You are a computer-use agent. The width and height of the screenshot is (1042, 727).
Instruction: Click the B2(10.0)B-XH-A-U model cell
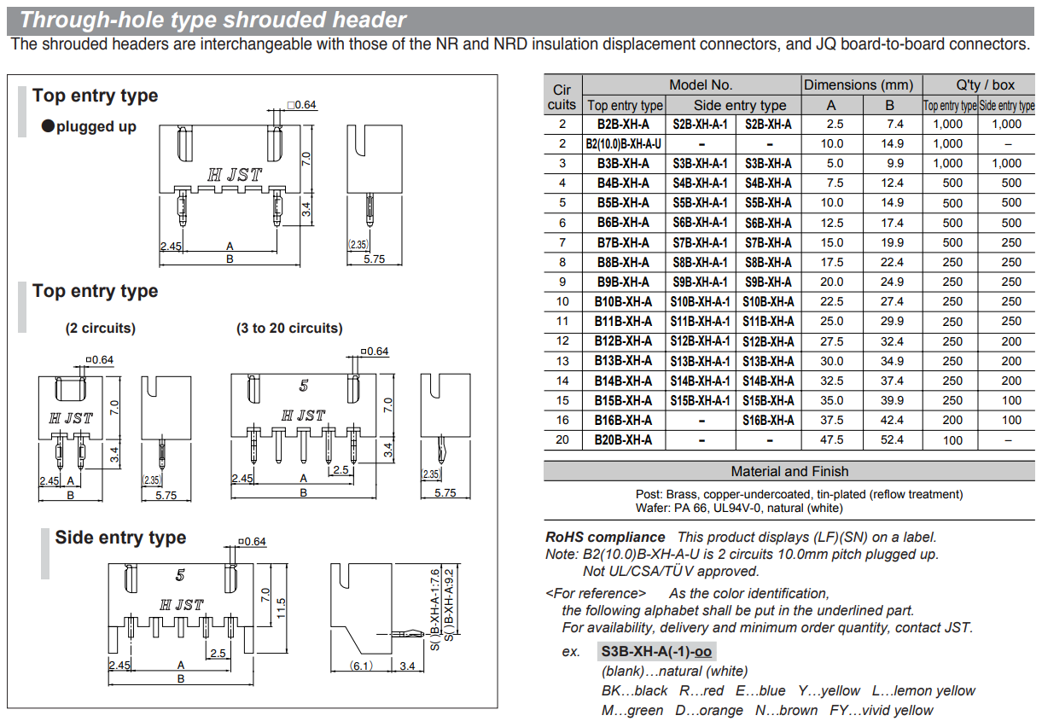[x=623, y=144]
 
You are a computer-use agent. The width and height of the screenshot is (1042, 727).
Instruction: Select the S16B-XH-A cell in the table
[x=768, y=421]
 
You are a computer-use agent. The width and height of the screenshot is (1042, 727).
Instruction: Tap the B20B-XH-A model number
[x=623, y=440]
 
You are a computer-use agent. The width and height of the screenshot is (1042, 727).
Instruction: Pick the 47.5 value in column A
[x=831, y=440]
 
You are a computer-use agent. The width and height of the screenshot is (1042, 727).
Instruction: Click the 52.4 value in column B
[x=892, y=440]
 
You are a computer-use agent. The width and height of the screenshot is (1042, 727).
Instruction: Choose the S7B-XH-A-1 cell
[x=700, y=243]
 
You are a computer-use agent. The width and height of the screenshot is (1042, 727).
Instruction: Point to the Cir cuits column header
[x=562, y=96]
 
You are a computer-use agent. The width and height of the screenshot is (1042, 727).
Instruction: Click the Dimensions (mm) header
[x=859, y=84]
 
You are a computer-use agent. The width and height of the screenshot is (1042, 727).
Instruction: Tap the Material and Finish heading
[x=789, y=471]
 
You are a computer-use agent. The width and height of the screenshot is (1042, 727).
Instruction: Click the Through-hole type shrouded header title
[x=213, y=20]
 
